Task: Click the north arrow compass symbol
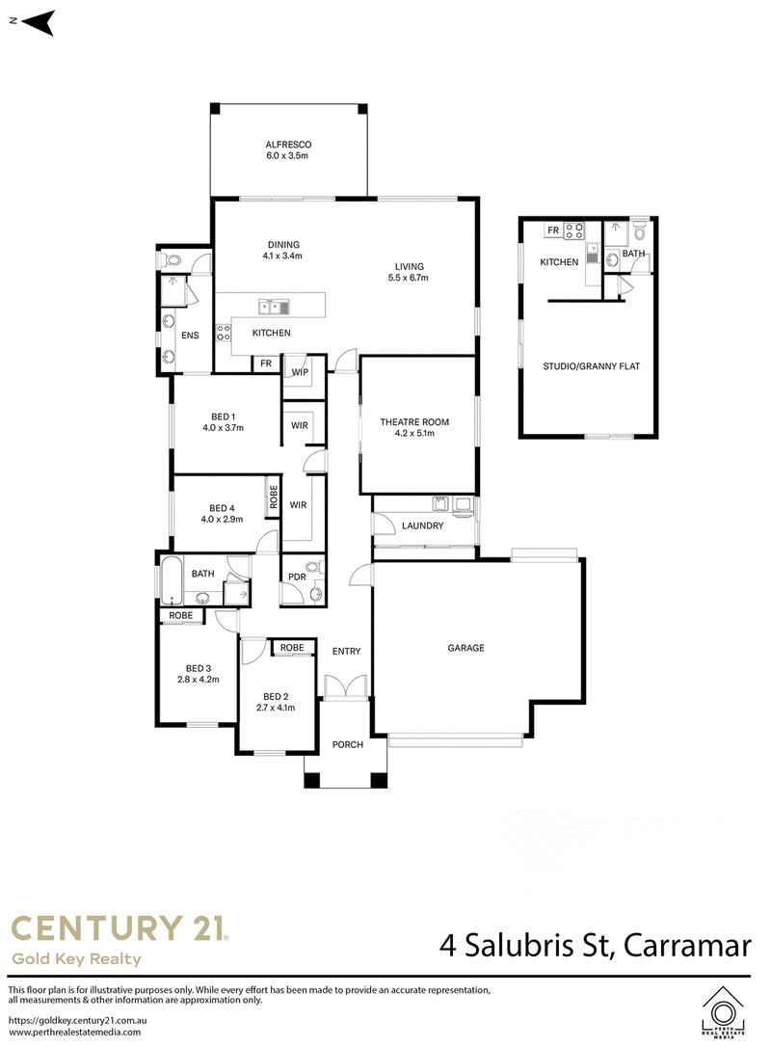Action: [x=38, y=23]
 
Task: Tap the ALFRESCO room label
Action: [x=288, y=145]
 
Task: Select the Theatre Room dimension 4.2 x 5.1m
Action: [x=414, y=433]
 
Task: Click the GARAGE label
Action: [x=465, y=648]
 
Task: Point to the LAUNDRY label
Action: [x=422, y=525]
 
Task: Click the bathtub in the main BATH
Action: [x=172, y=580]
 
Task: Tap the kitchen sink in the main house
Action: [x=275, y=308]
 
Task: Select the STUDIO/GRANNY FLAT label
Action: [x=592, y=366]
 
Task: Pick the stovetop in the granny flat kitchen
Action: [x=574, y=230]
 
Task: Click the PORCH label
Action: [x=348, y=744]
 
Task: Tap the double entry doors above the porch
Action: [x=346, y=686]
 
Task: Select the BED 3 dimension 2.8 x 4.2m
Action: [x=199, y=680]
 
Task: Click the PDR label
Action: [x=297, y=577]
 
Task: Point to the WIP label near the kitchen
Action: [x=300, y=372]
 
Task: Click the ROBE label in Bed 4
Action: [x=273, y=497]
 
